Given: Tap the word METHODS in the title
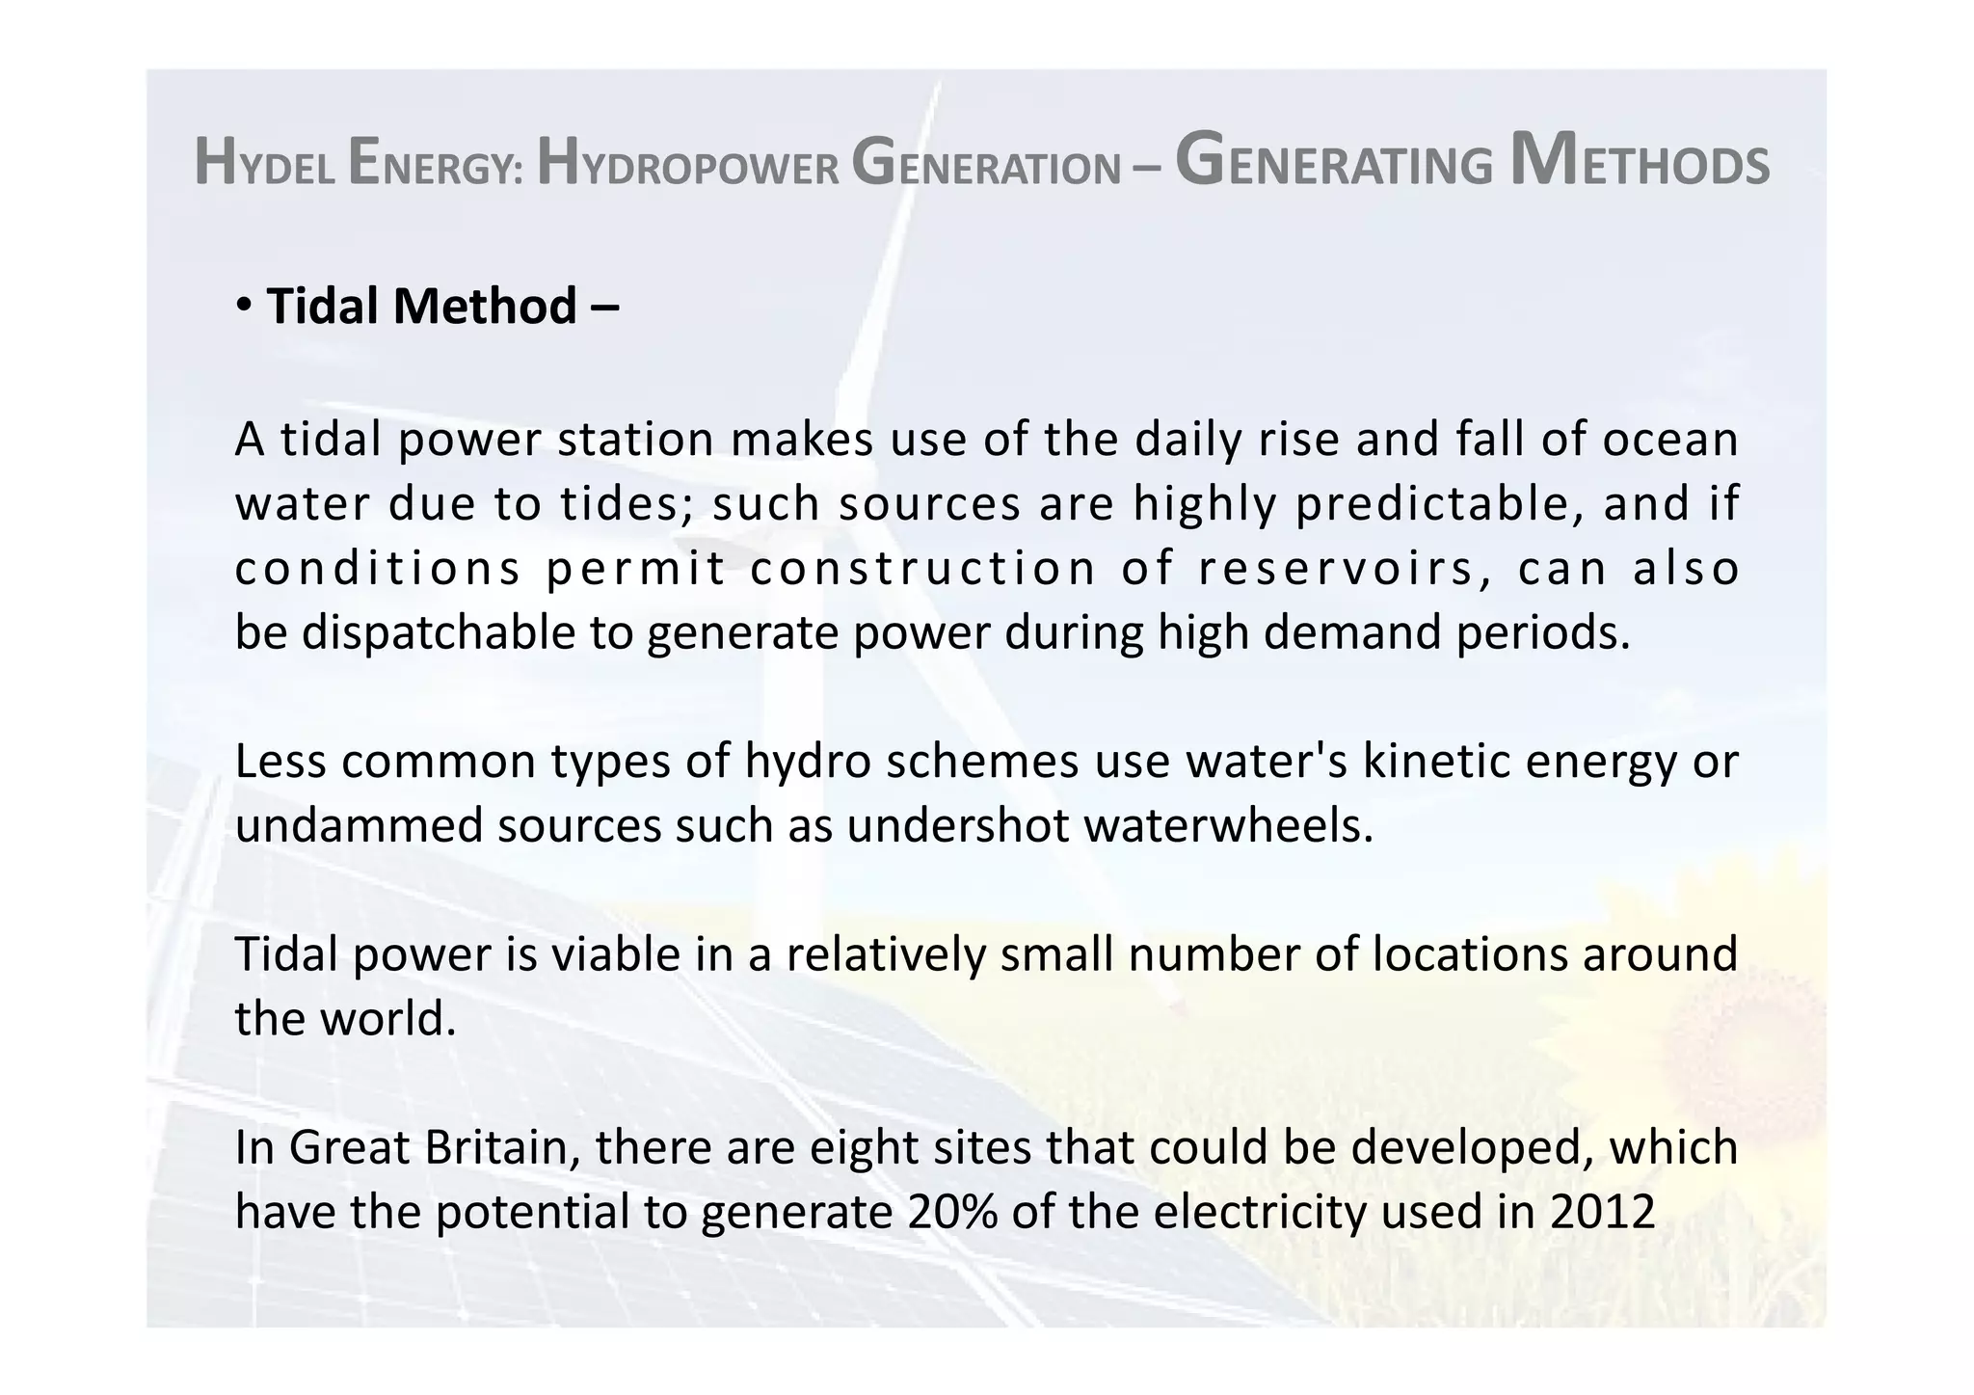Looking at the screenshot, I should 1640,162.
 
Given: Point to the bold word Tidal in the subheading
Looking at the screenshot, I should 325,307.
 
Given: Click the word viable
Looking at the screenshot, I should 614,954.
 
